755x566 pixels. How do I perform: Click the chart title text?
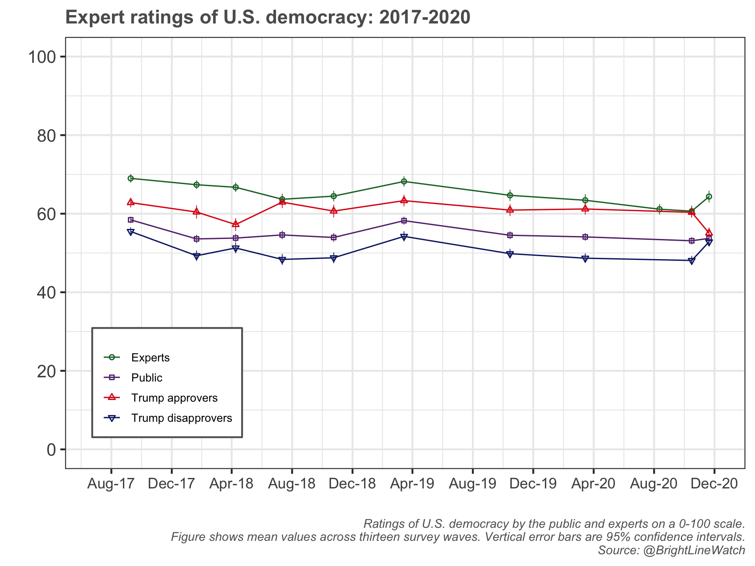268,18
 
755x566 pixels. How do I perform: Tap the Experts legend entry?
150,358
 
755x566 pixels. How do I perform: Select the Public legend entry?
146,378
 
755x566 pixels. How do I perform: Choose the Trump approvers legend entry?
174,398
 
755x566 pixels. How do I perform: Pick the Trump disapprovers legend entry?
181,418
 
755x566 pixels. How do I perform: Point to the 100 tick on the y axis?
42,57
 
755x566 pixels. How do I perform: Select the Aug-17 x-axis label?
111,484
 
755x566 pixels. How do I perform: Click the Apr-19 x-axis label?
412,484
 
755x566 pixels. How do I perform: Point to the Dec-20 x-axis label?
714,484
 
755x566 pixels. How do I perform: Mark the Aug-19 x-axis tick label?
472,484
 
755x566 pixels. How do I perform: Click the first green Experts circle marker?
130,179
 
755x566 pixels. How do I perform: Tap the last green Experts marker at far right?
709,196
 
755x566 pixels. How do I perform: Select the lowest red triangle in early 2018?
236,224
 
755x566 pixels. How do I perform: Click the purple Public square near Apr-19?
404,221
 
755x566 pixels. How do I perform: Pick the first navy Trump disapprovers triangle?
130,232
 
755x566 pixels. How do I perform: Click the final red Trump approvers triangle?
709,232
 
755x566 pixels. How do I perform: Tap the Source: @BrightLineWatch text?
671,550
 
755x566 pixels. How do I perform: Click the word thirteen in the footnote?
379,537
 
